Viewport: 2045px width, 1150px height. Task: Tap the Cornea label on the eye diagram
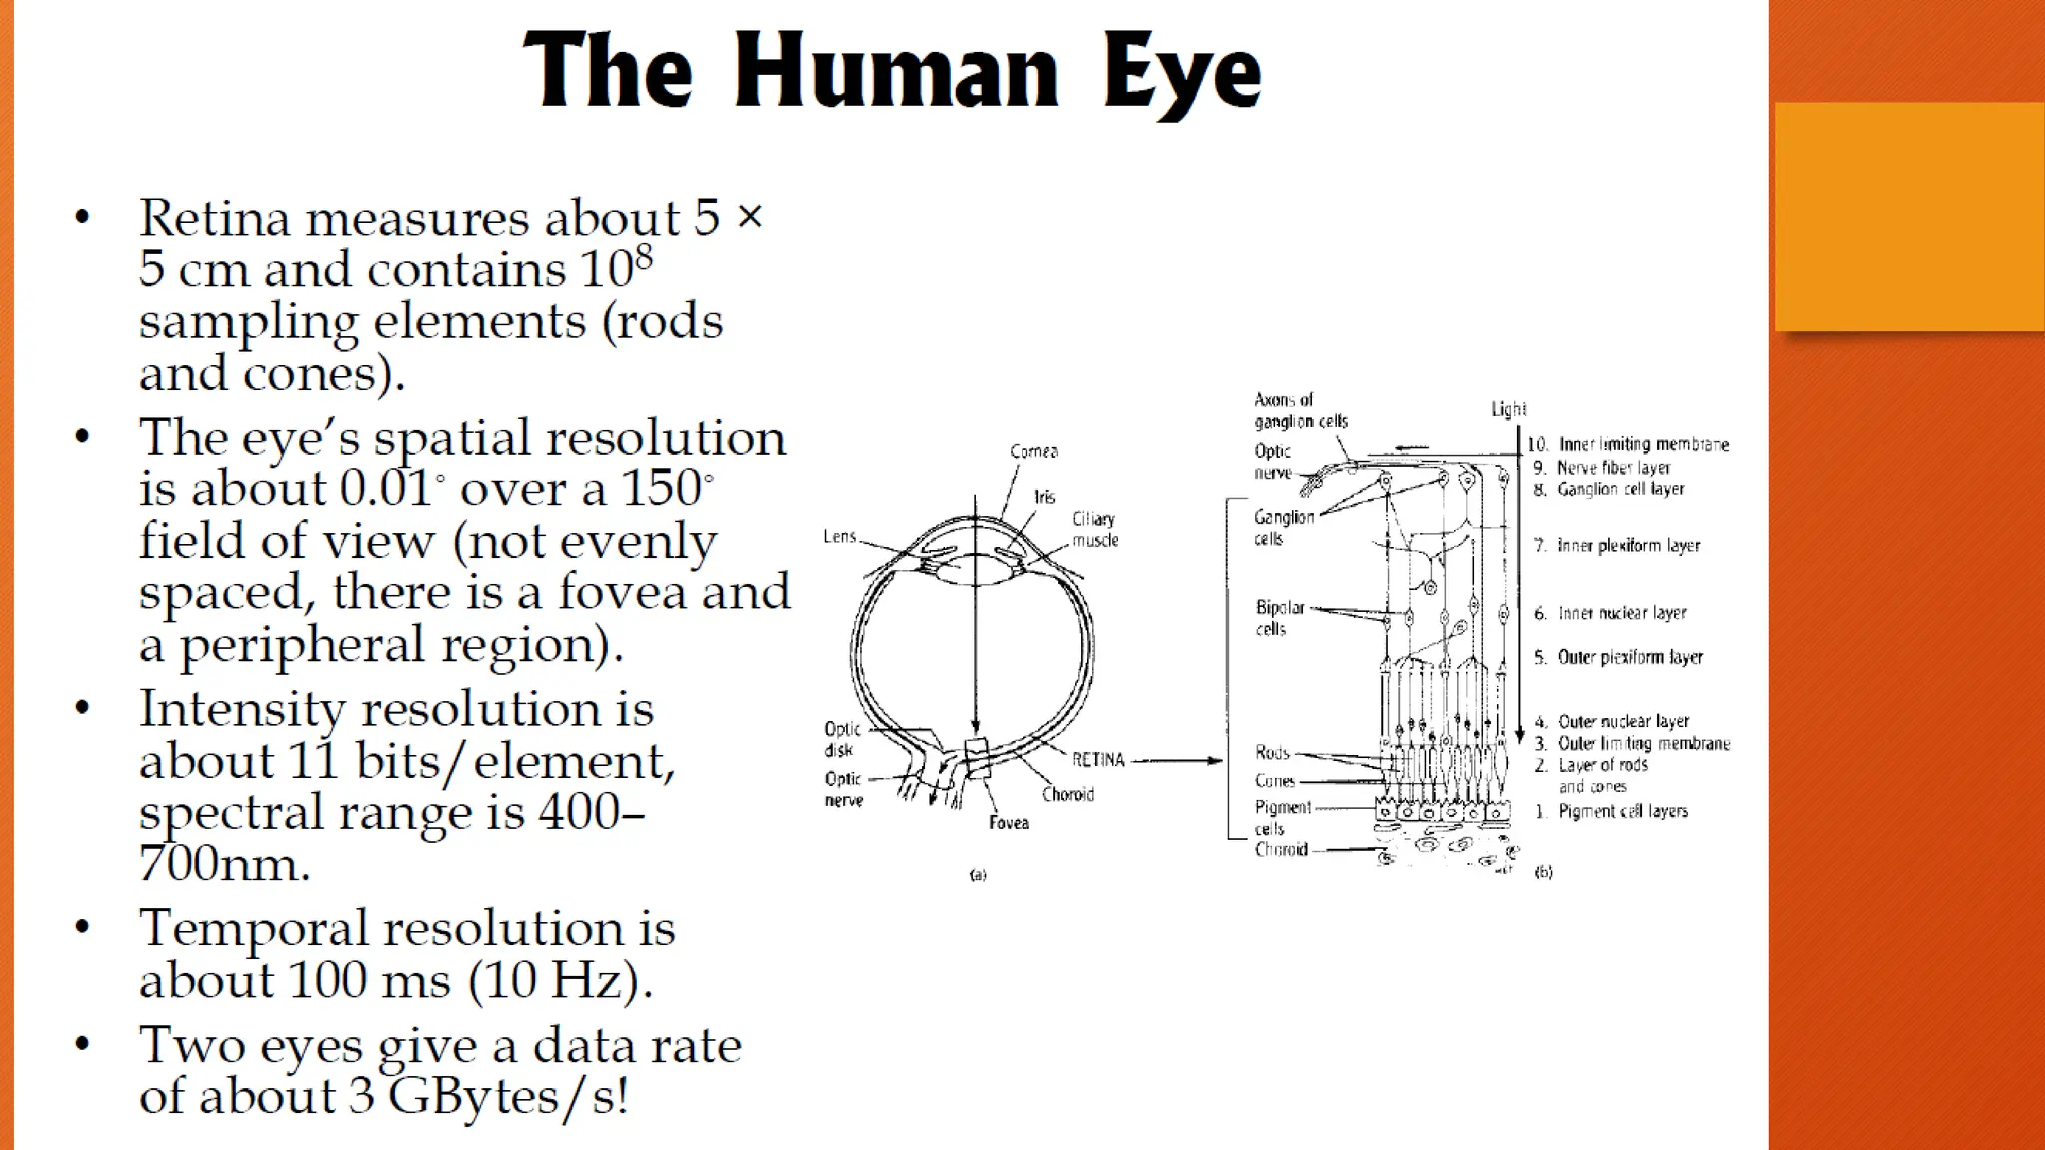tap(1033, 451)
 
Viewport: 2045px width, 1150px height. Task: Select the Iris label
tap(1044, 496)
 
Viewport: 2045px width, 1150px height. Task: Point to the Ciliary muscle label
tap(1094, 529)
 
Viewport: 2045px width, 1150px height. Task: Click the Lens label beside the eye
tap(839, 536)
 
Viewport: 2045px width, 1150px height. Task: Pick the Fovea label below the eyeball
tap(1009, 822)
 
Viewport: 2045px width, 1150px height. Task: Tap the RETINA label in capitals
tap(1098, 760)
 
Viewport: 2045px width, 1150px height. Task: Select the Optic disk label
tap(841, 739)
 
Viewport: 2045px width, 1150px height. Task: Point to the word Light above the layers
tap(1508, 409)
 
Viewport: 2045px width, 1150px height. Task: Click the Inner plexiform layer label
tap(1628, 545)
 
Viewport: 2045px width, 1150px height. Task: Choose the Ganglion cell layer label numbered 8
tap(1620, 489)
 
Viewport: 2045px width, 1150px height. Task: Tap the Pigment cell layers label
tap(1622, 811)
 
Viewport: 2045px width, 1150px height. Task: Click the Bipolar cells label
tap(1279, 617)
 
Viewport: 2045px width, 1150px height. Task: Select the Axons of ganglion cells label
tap(1300, 410)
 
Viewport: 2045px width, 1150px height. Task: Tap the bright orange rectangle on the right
tap(1908, 216)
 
